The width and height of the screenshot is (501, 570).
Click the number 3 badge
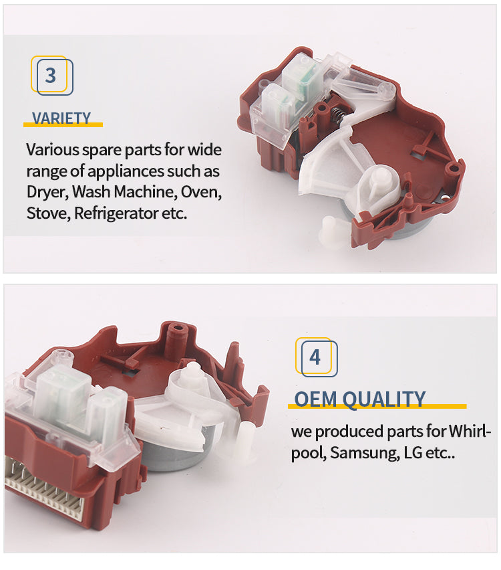tap(52, 76)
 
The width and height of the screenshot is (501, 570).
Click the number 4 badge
tap(316, 357)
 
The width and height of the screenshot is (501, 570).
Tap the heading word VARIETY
tap(61, 118)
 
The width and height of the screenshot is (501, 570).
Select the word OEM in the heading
tap(315, 399)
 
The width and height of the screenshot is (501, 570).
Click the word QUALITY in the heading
tap(383, 399)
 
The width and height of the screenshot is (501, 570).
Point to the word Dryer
tap(47, 192)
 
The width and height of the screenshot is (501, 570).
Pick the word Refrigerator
tap(116, 213)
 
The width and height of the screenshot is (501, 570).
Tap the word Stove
tap(48, 213)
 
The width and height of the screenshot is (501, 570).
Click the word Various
tap(53, 150)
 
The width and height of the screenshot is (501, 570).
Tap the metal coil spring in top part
tap(337, 116)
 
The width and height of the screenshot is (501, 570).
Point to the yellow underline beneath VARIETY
tap(63, 124)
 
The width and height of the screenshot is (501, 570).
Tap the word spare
tap(99, 151)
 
